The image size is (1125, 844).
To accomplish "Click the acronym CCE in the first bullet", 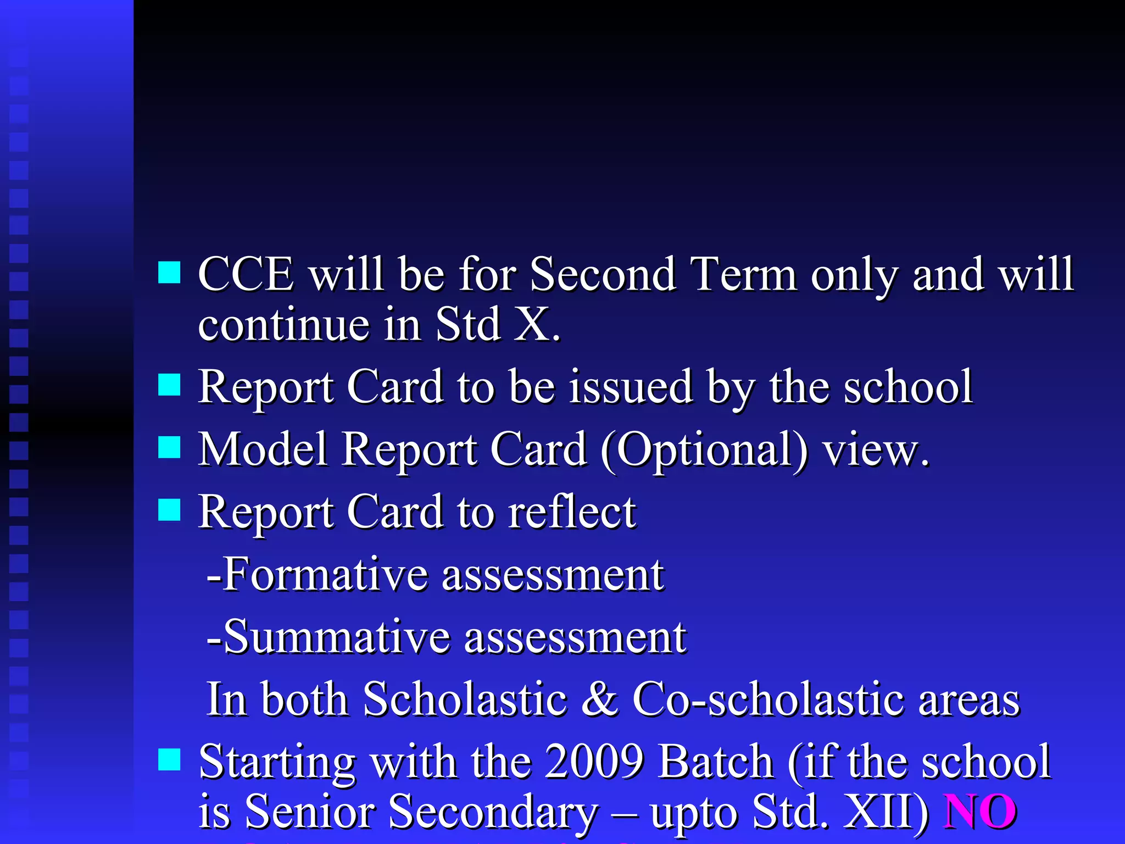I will (246, 274).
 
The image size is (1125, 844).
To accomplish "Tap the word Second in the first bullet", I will (602, 274).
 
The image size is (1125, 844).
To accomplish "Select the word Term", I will (743, 274).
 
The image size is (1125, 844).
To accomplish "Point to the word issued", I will (630, 387).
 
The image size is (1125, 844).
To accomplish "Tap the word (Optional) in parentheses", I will (704, 451).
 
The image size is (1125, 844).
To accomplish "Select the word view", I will (873, 451).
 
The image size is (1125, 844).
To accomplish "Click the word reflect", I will (571, 512).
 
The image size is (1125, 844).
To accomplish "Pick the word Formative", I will (324, 575).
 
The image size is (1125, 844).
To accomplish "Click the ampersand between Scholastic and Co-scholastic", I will (599, 699).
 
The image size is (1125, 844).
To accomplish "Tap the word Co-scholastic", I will (767, 699).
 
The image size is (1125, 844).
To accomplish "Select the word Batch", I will (716, 762).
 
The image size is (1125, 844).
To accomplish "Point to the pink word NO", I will (979, 812).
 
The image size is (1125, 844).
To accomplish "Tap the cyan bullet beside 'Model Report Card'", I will (169, 447).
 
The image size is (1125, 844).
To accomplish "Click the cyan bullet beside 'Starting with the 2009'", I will (169, 760).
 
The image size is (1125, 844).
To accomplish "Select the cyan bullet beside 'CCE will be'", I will (169, 272).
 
